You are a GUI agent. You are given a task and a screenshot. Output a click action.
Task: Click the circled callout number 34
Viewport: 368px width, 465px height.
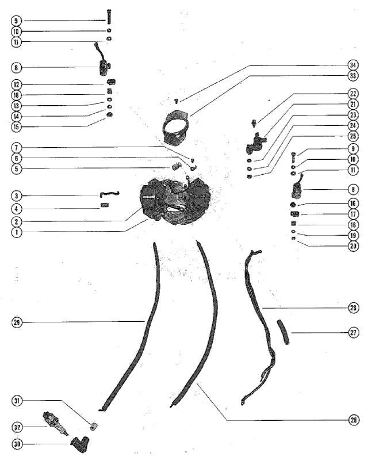353,66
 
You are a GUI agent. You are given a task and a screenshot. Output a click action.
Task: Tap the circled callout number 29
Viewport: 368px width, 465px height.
17,322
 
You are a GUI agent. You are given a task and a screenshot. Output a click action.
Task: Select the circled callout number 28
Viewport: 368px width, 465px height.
353,420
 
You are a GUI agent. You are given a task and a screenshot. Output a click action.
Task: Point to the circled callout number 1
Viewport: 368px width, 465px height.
17,232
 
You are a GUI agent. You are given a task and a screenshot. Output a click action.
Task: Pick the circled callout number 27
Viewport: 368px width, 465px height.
353,332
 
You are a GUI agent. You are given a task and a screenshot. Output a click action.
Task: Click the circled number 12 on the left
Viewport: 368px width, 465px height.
16,84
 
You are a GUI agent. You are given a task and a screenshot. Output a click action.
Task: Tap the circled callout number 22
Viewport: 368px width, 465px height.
353,94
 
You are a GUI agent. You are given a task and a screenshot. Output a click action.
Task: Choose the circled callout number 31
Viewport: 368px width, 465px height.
17,401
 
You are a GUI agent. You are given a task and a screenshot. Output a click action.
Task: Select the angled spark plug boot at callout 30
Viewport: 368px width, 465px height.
80,442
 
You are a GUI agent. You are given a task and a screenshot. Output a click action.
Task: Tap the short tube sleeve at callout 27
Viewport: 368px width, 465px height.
283,332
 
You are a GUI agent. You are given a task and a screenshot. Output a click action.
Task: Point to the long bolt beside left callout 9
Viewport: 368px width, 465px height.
109,17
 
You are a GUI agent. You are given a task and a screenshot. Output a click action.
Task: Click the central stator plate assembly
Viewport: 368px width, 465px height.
175,202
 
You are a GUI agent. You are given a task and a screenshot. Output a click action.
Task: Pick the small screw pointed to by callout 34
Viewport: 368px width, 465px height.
177,101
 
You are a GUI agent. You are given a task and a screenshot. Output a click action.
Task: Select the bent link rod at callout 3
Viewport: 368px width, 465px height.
109,194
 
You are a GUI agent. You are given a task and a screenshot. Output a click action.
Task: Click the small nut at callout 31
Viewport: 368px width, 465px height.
94,426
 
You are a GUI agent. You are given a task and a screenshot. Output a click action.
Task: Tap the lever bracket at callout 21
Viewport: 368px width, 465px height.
255,144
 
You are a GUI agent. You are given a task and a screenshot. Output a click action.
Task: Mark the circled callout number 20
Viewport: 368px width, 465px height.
353,246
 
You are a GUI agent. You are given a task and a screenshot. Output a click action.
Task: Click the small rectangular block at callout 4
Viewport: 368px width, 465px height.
105,205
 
